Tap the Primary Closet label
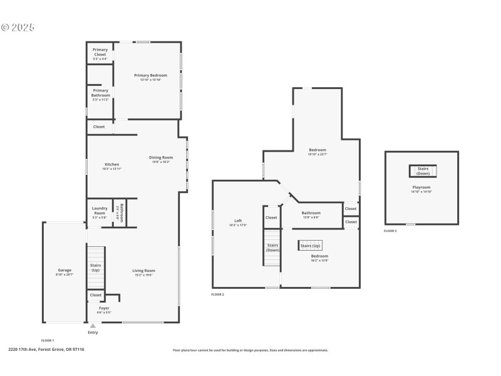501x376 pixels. (x=100, y=52)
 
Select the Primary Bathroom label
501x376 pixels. (x=100, y=93)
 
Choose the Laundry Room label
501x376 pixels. (x=100, y=211)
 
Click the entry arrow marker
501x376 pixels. (x=93, y=326)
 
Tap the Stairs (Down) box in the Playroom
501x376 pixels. (x=423, y=170)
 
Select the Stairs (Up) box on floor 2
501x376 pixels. (x=310, y=246)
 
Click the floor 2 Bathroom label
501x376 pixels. (x=311, y=214)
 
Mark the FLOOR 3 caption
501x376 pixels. (x=390, y=231)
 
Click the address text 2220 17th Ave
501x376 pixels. (x=46, y=350)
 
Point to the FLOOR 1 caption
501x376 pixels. (x=48, y=340)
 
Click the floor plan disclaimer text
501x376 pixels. (x=250, y=350)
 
